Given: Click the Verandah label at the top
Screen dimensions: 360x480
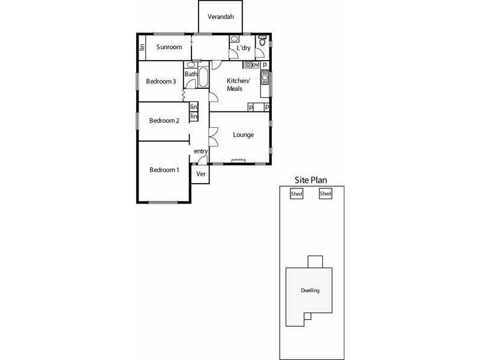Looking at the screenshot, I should pos(221,17).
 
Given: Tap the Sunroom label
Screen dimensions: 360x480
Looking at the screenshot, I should pos(169,47).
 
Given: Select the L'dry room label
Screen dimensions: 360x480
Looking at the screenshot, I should pos(244,48).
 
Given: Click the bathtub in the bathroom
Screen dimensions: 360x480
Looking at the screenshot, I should pos(203,78).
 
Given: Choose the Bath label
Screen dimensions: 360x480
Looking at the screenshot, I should pos(191,74).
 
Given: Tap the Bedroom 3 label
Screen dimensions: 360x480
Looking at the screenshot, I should pos(161,82).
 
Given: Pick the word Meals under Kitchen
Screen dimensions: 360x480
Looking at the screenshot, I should pos(235,89).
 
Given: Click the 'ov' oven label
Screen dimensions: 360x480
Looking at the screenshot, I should pos(255,65).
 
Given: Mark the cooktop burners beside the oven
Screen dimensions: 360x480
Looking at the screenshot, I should pos(247,65).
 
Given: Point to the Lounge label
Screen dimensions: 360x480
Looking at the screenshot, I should pos(243,134).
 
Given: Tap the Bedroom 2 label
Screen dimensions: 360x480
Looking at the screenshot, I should pos(164,121).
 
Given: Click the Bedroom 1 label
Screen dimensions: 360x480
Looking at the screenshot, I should pos(164,170).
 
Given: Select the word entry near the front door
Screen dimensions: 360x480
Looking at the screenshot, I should pos(200,152).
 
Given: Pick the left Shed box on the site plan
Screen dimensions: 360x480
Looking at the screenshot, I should pos(296,194).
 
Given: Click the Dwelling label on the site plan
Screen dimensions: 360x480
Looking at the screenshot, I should pos(310,290).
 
